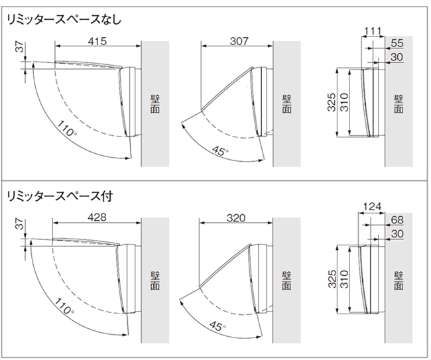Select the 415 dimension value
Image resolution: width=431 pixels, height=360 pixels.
tap(97, 41)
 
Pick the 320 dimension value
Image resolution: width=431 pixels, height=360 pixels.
tap(235, 217)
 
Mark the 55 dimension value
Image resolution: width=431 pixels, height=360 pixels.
tap(397, 43)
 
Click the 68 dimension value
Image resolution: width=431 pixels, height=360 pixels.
tap(397, 221)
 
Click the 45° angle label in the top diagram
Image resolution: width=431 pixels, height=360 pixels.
tap(219, 149)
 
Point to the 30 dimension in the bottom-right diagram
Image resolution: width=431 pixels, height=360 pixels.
tap(397, 234)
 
